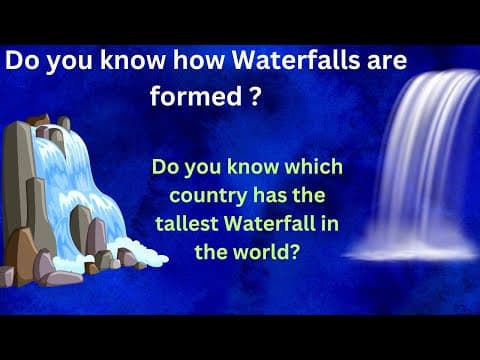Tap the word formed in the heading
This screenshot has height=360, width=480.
[189, 98]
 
